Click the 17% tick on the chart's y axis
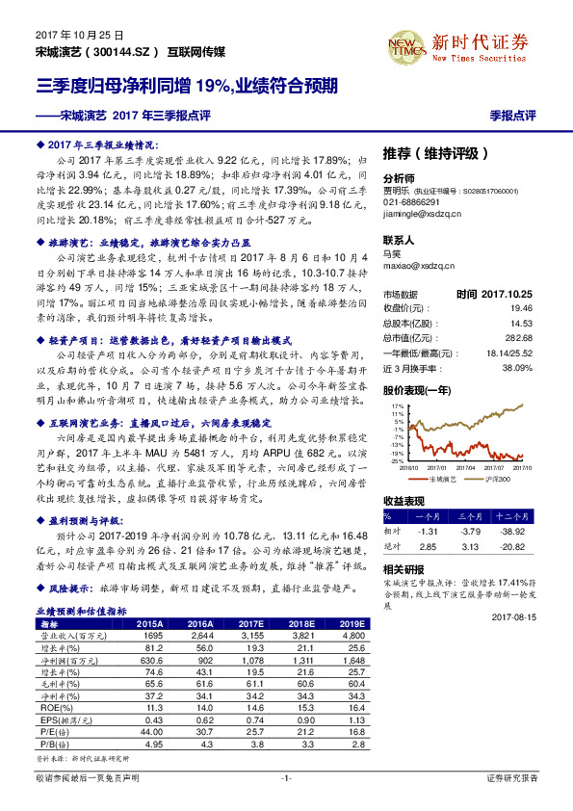point(398,406)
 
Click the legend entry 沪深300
point(497,478)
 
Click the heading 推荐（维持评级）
point(442,152)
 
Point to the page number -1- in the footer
point(286,776)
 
